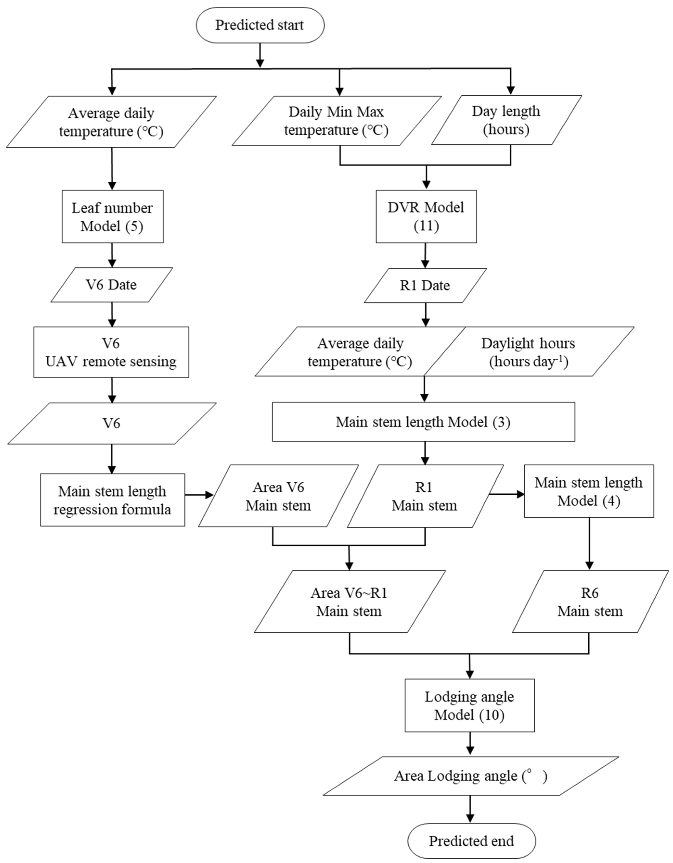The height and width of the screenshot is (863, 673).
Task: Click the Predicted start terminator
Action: click(x=260, y=25)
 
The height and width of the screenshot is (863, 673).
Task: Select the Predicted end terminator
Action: click(x=471, y=841)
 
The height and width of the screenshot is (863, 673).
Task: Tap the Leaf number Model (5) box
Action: click(x=112, y=217)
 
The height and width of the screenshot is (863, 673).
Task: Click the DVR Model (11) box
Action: click(x=426, y=217)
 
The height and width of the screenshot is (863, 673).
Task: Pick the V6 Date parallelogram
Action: click(x=111, y=285)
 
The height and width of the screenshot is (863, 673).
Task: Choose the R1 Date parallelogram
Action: click(x=425, y=286)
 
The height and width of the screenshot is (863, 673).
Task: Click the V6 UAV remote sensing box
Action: click(x=111, y=352)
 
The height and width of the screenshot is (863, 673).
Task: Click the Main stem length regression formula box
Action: click(x=112, y=500)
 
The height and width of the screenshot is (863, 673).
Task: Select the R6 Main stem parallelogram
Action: click(x=590, y=602)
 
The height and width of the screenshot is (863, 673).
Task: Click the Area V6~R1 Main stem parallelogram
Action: click(x=350, y=602)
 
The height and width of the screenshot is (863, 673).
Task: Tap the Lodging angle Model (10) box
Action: click(x=469, y=705)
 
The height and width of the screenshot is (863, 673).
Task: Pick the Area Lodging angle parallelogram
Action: click(x=471, y=776)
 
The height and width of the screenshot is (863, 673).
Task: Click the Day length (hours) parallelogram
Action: click(x=506, y=120)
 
